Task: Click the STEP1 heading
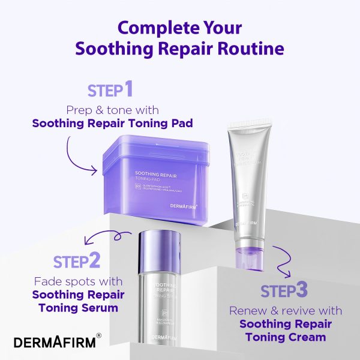[110, 90]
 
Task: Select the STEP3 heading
[284, 290]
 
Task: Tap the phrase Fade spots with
[78, 281]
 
